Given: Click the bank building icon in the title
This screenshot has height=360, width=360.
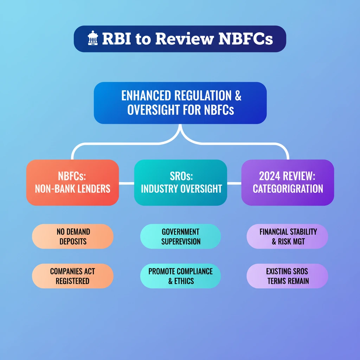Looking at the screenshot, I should pos(93,39).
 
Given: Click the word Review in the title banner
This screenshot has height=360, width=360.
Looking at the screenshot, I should pos(184,39).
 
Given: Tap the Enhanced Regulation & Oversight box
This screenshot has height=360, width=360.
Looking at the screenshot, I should pos(180,103).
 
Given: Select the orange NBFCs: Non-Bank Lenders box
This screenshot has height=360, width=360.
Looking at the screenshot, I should pos(72,182).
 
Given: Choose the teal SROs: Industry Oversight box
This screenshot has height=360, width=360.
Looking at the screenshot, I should pos(181,182).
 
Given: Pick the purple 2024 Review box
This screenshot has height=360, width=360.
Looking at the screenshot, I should pos(288,182).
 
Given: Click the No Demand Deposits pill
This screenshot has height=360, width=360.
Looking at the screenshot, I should pos(73,237).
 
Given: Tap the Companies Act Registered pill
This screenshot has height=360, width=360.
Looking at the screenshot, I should pos(73,276).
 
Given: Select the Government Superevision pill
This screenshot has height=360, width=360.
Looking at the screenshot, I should pos(181,237).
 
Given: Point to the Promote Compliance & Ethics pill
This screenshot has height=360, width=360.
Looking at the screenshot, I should pos(181,276).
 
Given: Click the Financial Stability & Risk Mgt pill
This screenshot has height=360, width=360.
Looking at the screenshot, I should pos(288,237).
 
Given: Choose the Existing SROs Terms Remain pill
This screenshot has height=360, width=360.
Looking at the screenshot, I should pos(288,276).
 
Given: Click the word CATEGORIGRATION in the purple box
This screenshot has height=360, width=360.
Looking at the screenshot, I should pos(288,189).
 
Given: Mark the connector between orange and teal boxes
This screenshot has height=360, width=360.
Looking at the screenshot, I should pos(127,183).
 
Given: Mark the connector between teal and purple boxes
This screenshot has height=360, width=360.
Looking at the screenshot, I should pos(234,183).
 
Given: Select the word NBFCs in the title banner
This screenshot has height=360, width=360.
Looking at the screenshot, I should pos(245,39).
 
